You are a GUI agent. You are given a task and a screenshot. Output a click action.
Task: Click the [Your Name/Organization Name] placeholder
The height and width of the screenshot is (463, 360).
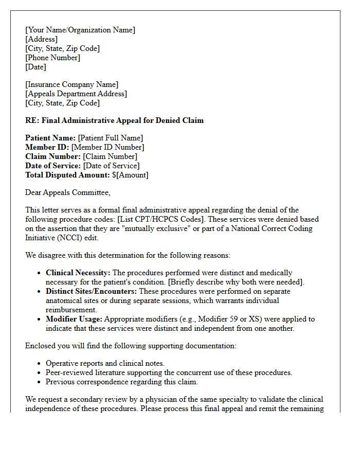tap(80, 30)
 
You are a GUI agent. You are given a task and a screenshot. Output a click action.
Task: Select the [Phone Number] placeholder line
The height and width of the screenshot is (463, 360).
tap(52, 58)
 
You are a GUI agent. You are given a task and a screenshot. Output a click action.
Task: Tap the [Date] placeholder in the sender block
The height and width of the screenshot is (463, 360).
tap(35, 67)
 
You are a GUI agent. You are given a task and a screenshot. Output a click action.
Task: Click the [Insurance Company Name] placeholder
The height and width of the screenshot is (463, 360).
tap(71, 84)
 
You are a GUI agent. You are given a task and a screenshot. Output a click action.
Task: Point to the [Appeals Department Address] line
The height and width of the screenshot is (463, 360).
tap(76, 94)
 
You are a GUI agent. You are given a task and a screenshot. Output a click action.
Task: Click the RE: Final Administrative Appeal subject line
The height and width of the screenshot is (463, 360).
tap(114, 120)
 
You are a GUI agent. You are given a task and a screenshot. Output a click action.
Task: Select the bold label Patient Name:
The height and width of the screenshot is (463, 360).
tap(50, 138)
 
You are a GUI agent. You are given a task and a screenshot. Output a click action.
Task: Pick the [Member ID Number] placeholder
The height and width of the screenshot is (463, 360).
tap(107, 147)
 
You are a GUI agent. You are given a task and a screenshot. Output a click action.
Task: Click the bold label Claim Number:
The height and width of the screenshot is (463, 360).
tap(53, 156)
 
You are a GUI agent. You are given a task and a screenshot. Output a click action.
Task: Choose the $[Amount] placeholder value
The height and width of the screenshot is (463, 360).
tap(130, 175)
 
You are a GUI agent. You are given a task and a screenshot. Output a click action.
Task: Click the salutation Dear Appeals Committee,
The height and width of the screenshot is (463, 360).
tap(67, 192)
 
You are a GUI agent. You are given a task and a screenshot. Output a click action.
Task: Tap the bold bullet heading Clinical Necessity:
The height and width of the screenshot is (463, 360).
tap(78, 273)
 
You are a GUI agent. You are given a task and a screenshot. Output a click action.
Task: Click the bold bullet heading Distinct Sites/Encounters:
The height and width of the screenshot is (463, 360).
tap(91, 291)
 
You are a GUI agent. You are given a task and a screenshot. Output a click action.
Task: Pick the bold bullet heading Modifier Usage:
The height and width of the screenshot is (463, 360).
tap(74, 319)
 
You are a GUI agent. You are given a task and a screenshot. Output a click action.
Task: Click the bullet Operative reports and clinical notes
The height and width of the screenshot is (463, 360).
tap(105, 363)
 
